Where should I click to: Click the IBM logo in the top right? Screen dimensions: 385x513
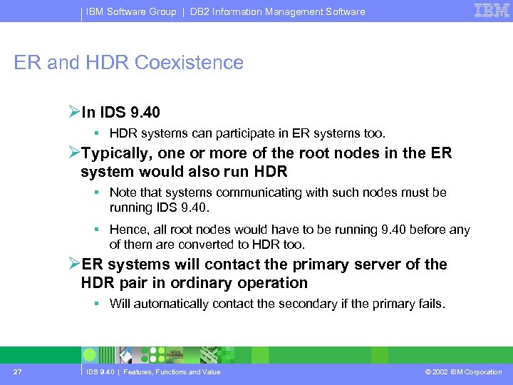click(x=492, y=11)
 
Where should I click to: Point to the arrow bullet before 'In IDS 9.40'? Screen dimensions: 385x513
click(x=74, y=112)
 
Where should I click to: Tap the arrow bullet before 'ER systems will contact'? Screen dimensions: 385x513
click(x=74, y=265)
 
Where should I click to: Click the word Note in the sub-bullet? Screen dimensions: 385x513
click(x=123, y=192)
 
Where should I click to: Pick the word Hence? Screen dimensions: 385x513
click(x=125, y=230)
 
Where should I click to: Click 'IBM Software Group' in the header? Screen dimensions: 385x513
click(x=131, y=11)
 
